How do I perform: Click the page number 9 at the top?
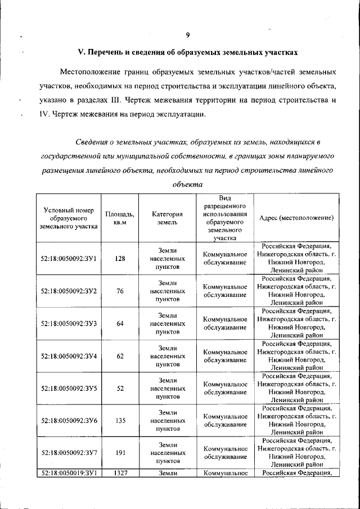tap(187, 35)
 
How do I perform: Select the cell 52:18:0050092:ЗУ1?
tap(69, 259)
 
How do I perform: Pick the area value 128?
tap(120, 259)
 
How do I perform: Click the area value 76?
tap(120, 291)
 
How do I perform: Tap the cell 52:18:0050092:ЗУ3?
tap(69, 323)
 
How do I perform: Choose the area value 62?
tap(120, 356)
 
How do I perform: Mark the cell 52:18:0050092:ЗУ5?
tap(69, 388)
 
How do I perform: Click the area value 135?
tap(120, 421)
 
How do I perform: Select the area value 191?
tap(120, 452)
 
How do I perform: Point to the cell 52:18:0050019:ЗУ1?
tap(69, 474)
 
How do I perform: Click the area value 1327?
tap(120, 474)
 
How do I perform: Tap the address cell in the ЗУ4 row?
tap(296, 355)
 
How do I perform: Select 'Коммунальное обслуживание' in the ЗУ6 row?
tap(225, 421)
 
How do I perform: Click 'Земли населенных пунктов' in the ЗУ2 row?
tap(168, 291)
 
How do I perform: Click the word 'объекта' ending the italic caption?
tap(187, 184)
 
